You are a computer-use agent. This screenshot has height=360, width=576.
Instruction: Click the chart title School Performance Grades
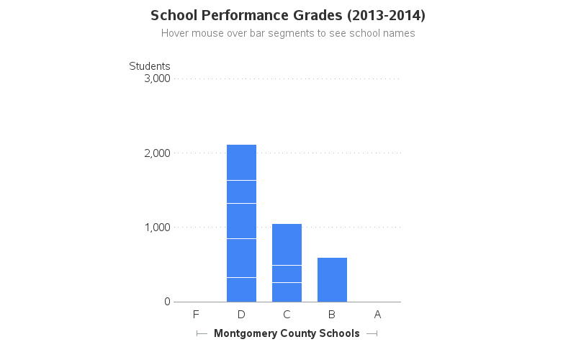point(287,15)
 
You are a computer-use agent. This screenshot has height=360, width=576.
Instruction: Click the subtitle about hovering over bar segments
point(288,33)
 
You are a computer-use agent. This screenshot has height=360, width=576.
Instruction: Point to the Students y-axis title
point(150,66)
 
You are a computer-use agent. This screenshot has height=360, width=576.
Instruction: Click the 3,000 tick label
point(157,78)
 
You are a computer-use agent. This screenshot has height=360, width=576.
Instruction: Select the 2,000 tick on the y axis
point(157,153)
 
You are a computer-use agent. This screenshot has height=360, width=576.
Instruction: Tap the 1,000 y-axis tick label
point(157,228)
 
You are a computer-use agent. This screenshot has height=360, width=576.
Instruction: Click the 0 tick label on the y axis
point(166,302)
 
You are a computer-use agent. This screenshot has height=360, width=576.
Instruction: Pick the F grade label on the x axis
point(196,314)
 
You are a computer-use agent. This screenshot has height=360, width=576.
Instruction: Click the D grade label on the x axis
point(241,314)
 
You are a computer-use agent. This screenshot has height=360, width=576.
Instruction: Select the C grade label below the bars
point(287,314)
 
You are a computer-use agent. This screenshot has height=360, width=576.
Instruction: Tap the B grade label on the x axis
point(332,314)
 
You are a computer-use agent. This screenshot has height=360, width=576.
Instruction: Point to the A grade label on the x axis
point(377,314)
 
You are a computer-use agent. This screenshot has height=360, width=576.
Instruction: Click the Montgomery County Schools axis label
point(287,333)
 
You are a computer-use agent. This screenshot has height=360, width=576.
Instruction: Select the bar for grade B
point(332,279)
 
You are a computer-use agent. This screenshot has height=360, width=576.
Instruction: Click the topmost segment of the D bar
point(241,162)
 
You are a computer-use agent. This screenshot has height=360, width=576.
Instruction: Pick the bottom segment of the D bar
point(241,289)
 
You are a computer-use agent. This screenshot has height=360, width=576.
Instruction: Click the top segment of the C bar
point(287,244)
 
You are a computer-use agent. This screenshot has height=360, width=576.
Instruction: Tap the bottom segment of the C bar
point(287,292)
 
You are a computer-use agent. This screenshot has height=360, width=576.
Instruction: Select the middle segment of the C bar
point(287,274)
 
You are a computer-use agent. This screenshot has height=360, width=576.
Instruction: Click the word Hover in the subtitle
point(176,33)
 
